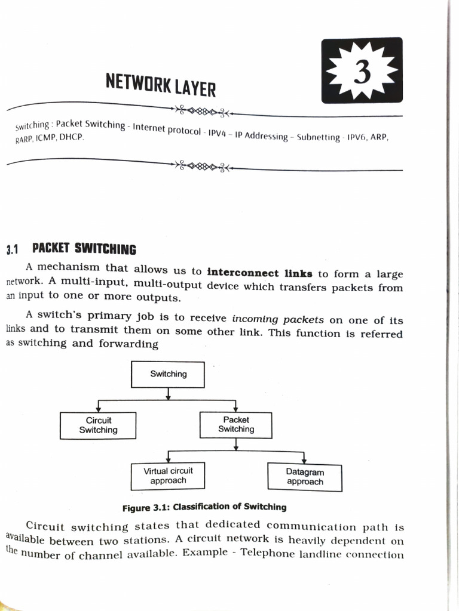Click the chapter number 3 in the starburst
click(362, 73)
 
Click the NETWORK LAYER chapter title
click(160, 85)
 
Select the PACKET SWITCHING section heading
click(84, 249)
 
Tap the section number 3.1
click(13, 250)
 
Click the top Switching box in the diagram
click(168, 374)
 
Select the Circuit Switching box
click(98, 425)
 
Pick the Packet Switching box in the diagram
click(236, 424)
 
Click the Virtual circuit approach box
click(168, 476)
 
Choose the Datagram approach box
click(305, 477)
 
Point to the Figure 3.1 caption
click(204, 507)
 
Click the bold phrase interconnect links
click(259, 273)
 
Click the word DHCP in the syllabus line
click(71, 137)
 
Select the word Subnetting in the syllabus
click(319, 137)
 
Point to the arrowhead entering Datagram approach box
click(305, 460)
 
